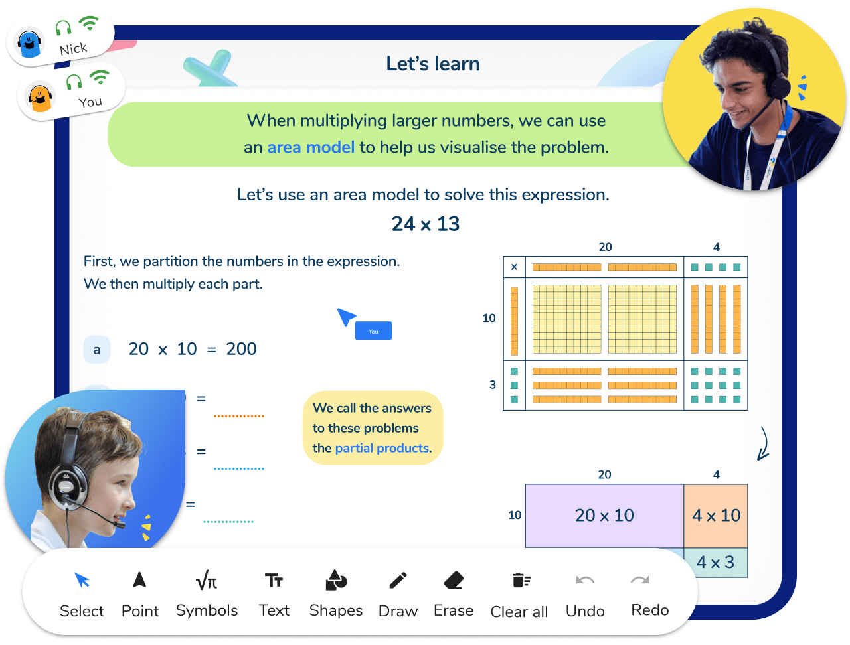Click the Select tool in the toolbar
pyautogui.click(x=82, y=581)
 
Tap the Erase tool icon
pyautogui.click(x=454, y=581)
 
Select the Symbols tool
pyautogui.click(x=207, y=581)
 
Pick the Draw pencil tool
pyautogui.click(x=398, y=581)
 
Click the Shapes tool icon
pyautogui.click(x=336, y=581)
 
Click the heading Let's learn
pyautogui.click(x=433, y=64)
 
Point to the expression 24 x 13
pyautogui.click(x=426, y=224)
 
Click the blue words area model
pyautogui.click(x=311, y=147)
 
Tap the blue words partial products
pyautogui.click(x=382, y=449)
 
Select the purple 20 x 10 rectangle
pyautogui.click(x=604, y=516)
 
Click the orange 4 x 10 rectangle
pyautogui.click(x=716, y=516)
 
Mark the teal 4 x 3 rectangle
pyautogui.click(x=715, y=563)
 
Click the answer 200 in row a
pyautogui.click(x=241, y=349)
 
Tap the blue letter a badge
pyautogui.click(x=97, y=350)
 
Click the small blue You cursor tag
pyautogui.click(x=373, y=331)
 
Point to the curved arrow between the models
pyautogui.click(x=764, y=444)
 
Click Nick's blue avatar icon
pyautogui.click(x=29, y=44)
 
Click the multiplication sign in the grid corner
pyautogui.click(x=514, y=267)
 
